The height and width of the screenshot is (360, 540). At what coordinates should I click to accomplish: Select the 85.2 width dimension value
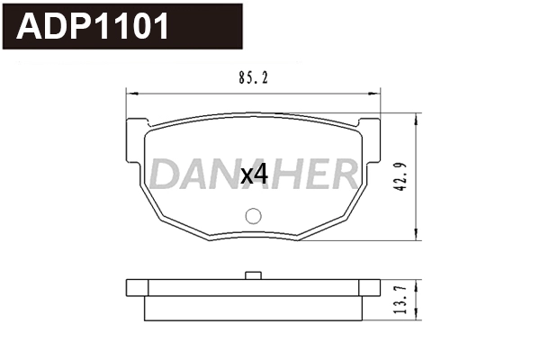click(x=251, y=78)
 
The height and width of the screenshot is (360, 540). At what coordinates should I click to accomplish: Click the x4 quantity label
click(x=255, y=175)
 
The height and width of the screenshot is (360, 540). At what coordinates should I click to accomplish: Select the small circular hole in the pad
click(x=253, y=216)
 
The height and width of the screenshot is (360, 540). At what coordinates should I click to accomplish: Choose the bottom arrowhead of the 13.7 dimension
click(x=417, y=316)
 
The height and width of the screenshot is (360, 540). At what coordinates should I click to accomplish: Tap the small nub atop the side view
click(x=253, y=274)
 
